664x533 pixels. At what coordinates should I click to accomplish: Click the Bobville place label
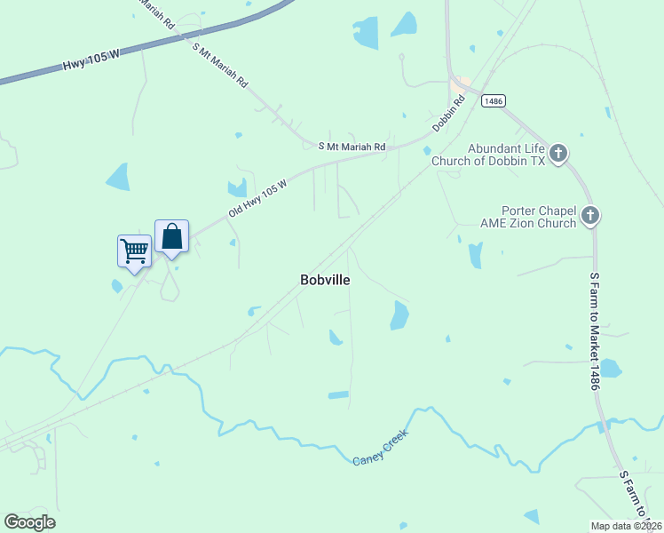325,280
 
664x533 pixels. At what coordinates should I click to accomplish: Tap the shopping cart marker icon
134,251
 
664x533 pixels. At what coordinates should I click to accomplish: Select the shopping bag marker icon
172,236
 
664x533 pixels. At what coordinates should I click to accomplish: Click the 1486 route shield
494,101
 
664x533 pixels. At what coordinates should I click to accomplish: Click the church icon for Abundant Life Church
557,155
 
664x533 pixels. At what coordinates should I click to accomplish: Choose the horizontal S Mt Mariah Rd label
352,146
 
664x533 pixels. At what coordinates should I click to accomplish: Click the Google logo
29,521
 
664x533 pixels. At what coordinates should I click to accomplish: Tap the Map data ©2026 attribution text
626,526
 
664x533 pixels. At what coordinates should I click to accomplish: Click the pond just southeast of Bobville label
399,314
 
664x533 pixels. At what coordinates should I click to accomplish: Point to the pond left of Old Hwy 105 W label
237,187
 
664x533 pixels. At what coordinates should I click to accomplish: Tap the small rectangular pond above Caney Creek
338,395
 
